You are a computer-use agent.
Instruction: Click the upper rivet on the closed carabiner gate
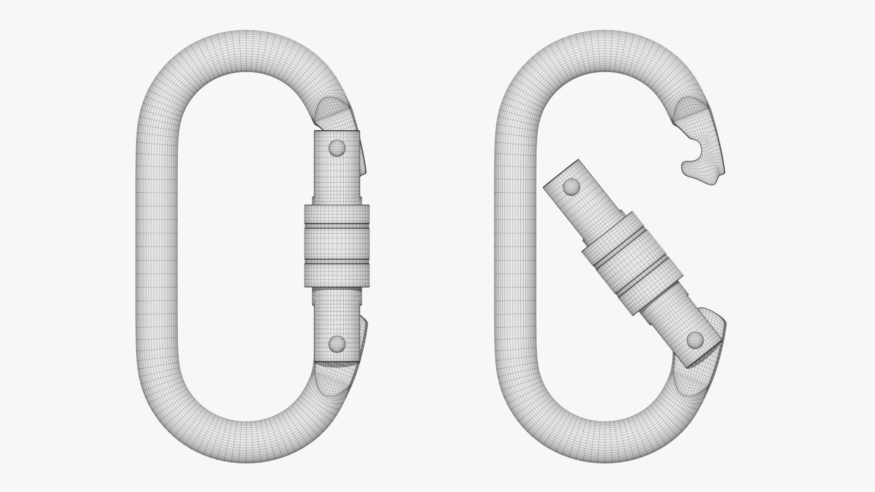click(x=337, y=148)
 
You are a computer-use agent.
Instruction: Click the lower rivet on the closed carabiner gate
click(x=337, y=343)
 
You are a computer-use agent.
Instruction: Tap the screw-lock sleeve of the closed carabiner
click(x=337, y=246)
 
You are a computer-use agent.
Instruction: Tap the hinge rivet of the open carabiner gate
click(x=695, y=339)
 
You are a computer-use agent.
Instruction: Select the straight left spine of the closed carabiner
click(x=157, y=246)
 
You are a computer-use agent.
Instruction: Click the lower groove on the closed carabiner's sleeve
click(x=337, y=263)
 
